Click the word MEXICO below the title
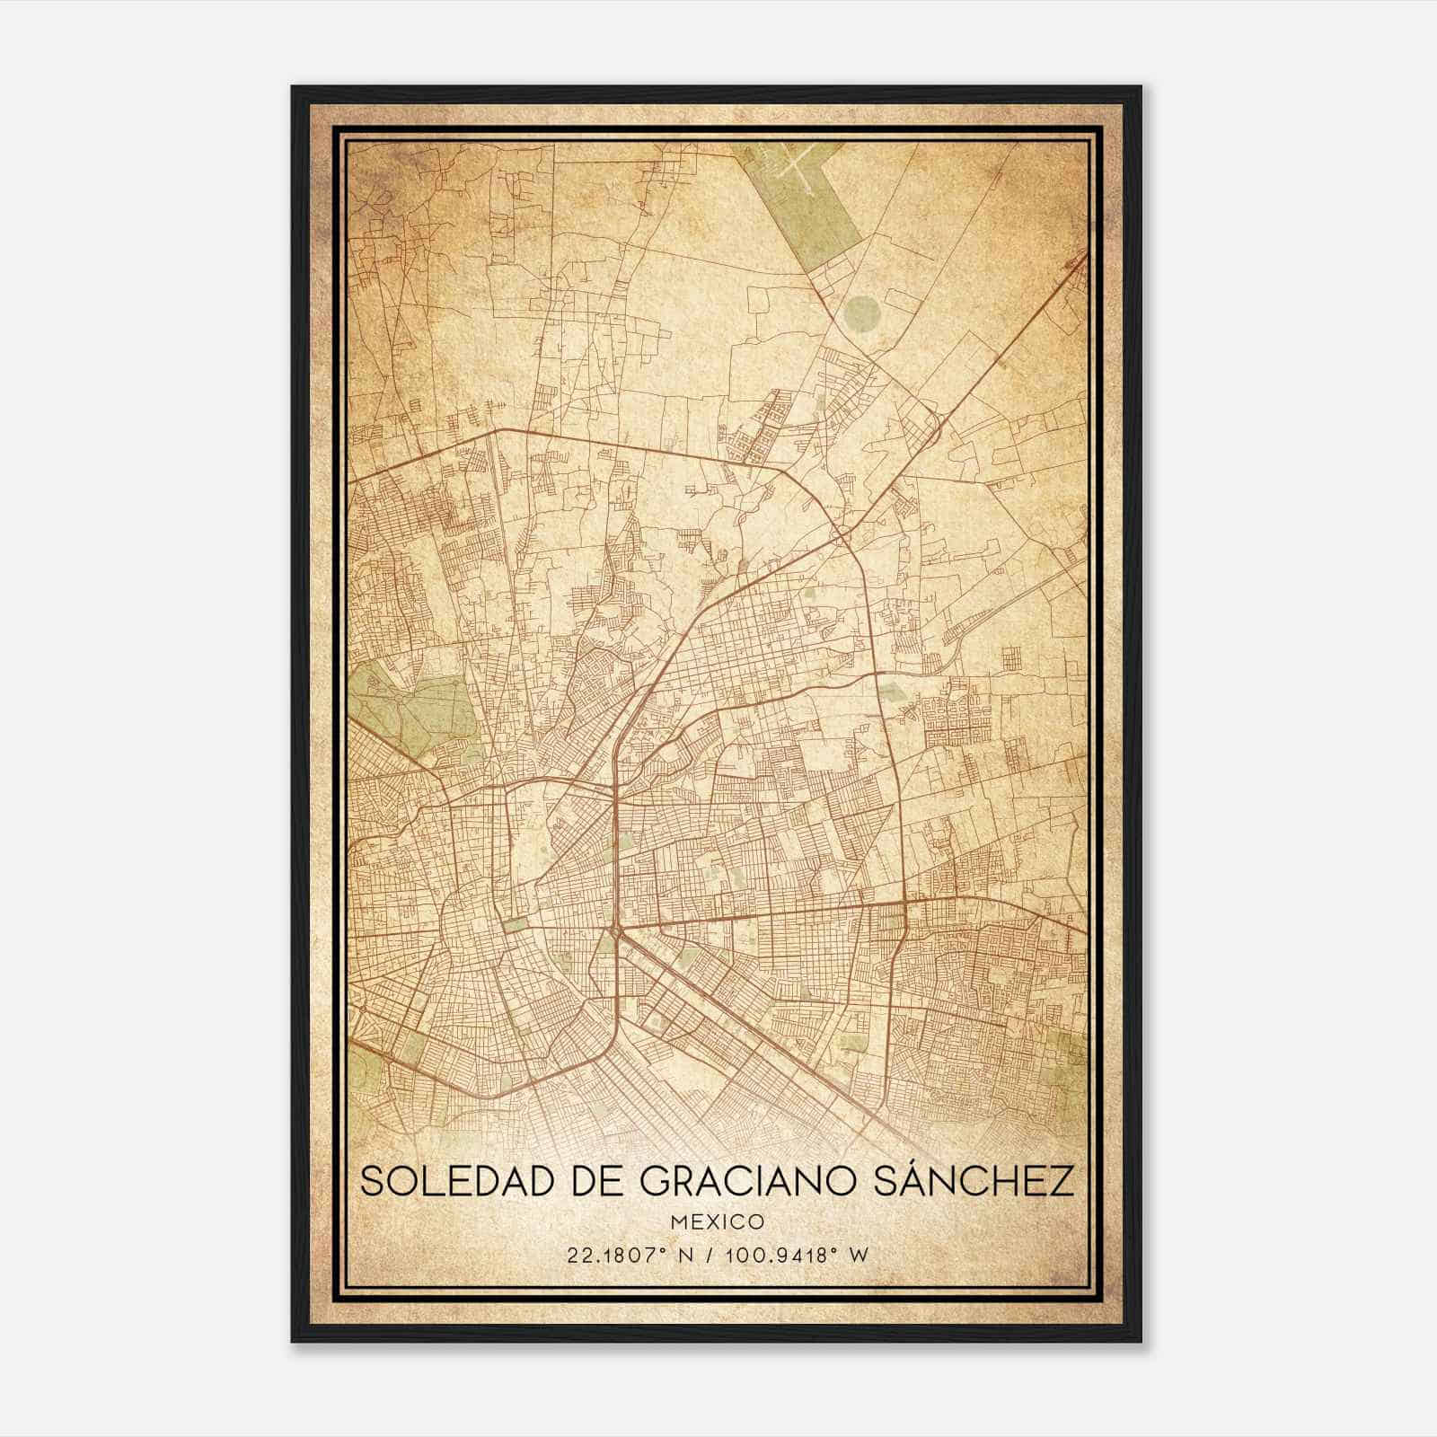click(x=718, y=1221)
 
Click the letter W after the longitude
click(x=859, y=1256)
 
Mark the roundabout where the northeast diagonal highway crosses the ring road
click(x=934, y=422)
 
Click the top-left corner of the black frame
click(x=293, y=87)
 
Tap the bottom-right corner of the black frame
click(x=1141, y=1341)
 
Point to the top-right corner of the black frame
click(x=1141, y=87)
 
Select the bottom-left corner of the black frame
click(x=293, y=1341)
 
